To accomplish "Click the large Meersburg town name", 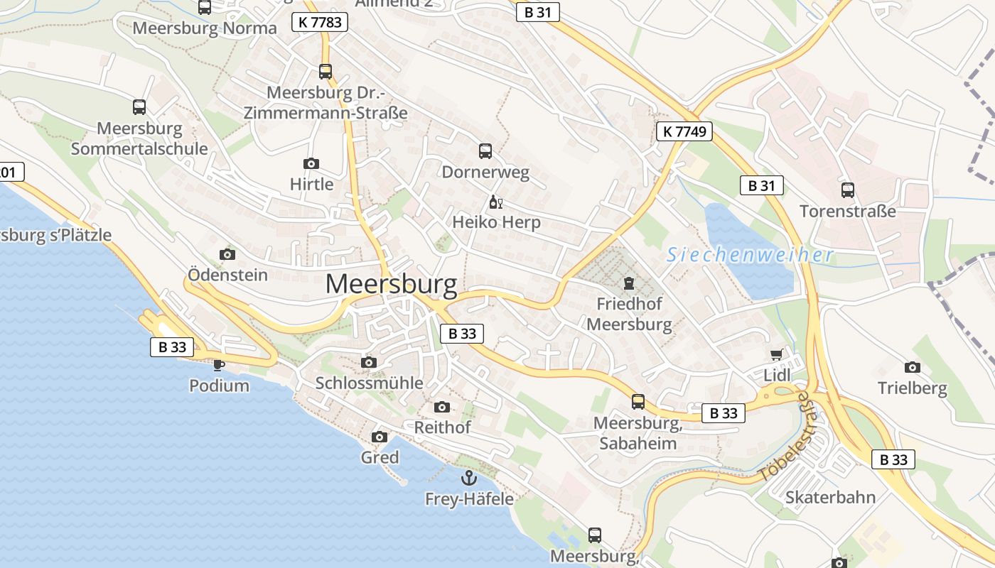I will pos(391,284).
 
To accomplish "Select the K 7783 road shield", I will pos(321,22).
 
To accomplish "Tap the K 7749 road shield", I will pos(684,131).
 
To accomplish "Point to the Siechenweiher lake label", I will pos(749,256).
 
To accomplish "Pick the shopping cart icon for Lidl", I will pos(776,354).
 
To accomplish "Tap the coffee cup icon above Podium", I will pos(219,365).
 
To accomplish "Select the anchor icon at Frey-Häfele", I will pos(468,478).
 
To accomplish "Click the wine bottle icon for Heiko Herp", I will pos(496,202).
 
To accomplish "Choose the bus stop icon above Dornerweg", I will pos(485,151).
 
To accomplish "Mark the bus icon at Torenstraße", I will pos(848,190).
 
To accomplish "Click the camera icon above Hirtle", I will pos(311,164).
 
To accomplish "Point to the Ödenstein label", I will pos(227,275).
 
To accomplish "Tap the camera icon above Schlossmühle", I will pos(368,363).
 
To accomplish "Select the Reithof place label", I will pos(442,427).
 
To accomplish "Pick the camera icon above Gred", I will pos(380,437).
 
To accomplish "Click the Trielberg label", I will pos(912,388).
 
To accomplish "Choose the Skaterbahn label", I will pos(830,497).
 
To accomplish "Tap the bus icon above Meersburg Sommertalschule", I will pos(139,107).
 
